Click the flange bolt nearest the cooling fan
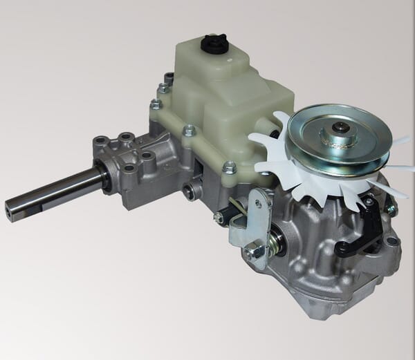[230, 167]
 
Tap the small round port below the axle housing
[188, 191]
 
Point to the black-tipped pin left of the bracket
[220, 217]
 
